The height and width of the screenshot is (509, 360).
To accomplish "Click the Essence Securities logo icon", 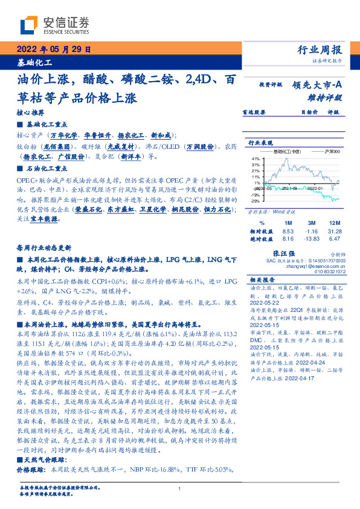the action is tap(30, 25).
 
